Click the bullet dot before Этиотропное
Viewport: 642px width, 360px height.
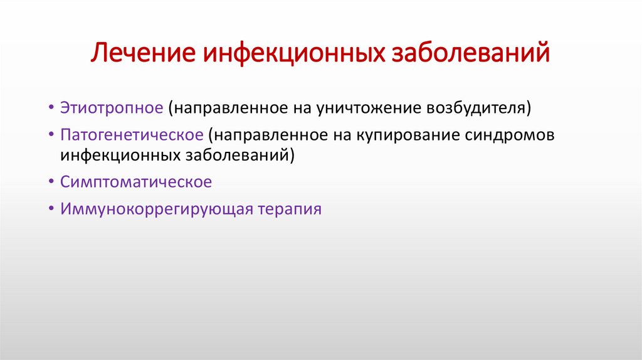click(x=50, y=107)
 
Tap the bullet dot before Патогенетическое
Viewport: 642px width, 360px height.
click(x=50, y=135)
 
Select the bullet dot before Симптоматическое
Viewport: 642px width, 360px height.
click(x=50, y=183)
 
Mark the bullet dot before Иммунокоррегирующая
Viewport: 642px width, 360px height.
click(x=50, y=209)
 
